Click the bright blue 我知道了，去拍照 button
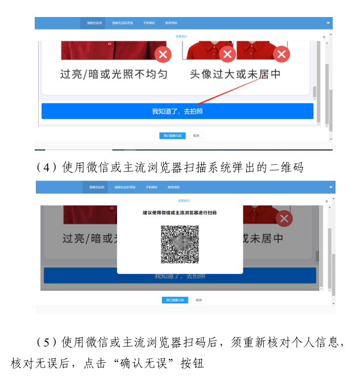177,111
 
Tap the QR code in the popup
180,244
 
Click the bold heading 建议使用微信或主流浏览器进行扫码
180,212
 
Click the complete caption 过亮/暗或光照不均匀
114,74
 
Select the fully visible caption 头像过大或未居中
235,74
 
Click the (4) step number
44,167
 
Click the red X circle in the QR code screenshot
284,219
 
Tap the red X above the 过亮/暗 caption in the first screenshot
163,55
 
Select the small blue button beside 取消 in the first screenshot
172,136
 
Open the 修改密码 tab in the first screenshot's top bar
171,23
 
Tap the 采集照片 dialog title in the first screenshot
181,36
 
